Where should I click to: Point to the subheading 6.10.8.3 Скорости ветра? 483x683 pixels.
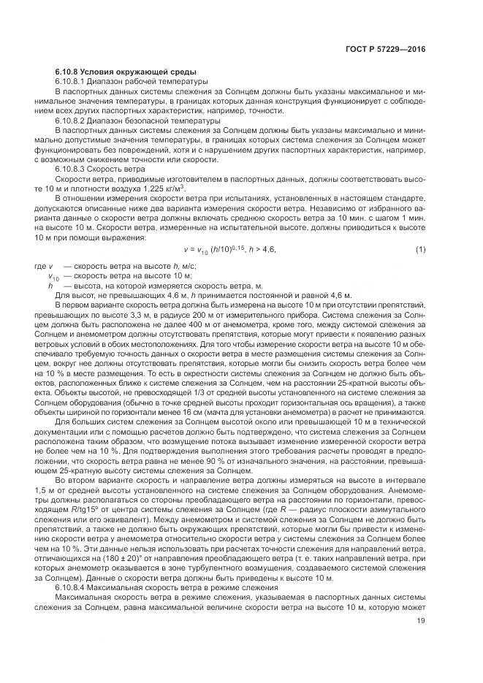[x=96, y=167]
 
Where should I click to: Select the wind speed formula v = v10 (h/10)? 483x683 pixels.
[x=216, y=250]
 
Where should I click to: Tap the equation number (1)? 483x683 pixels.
[x=420, y=250]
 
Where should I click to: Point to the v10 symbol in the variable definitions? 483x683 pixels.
[x=53, y=276]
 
